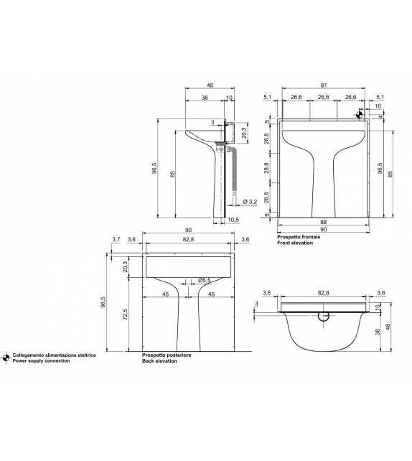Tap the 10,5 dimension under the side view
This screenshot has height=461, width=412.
(233, 220)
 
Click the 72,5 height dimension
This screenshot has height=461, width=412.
(126, 315)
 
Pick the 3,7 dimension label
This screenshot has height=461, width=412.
(116, 239)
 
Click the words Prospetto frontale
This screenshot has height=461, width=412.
(299, 236)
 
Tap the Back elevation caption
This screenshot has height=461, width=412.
(159, 360)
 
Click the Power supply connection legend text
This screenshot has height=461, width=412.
(42, 360)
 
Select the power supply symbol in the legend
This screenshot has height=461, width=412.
(6, 358)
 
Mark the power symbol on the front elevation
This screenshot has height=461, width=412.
(360, 113)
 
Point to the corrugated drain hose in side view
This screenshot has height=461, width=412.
(235, 172)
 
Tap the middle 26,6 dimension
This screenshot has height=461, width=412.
(322, 97)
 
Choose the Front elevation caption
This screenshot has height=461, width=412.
(296, 243)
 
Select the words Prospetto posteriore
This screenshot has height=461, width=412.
(162, 355)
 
